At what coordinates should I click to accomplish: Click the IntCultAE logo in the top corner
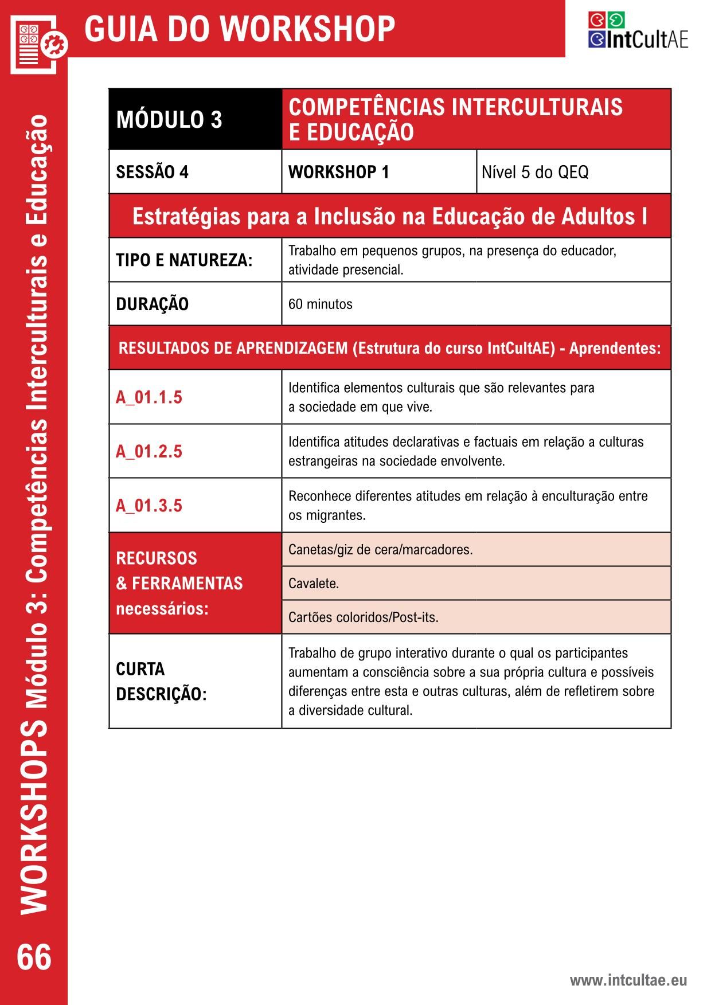pyautogui.click(x=637, y=31)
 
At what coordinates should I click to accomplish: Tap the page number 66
pyautogui.click(x=34, y=957)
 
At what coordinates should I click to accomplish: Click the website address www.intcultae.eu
pyautogui.click(x=628, y=980)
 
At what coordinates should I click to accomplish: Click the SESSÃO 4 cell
pyautogui.click(x=195, y=172)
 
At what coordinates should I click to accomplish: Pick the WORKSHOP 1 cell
pyautogui.click(x=378, y=172)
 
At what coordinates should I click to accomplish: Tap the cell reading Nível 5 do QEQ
pyautogui.click(x=573, y=172)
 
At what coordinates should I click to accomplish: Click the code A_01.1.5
pyautogui.click(x=149, y=397)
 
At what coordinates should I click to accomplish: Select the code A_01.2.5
pyautogui.click(x=149, y=452)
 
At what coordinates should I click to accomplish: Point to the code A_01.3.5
pyautogui.click(x=149, y=506)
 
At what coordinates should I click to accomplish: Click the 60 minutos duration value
pyautogui.click(x=321, y=304)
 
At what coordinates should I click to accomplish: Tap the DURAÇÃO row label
pyautogui.click(x=153, y=304)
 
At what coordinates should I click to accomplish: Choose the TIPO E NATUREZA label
pyautogui.click(x=184, y=260)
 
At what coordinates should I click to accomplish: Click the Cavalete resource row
pyautogui.click(x=476, y=584)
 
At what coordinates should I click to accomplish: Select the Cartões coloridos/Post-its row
pyautogui.click(x=476, y=617)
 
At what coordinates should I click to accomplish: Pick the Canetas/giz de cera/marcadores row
pyautogui.click(x=476, y=550)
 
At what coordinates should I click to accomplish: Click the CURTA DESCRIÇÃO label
pyautogui.click(x=161, y=681)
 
